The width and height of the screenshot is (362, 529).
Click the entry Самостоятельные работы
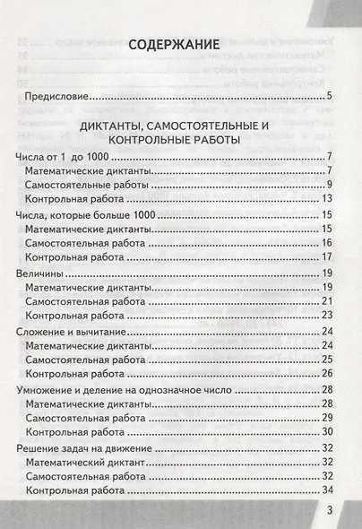click(93, 185)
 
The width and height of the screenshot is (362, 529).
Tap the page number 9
click(330, 185)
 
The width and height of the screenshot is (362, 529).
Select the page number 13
click(327, 198)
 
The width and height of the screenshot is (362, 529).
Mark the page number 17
click(327, 256)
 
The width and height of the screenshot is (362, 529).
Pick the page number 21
click(327, 300)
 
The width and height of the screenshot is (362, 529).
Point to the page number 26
click(327, 373)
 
